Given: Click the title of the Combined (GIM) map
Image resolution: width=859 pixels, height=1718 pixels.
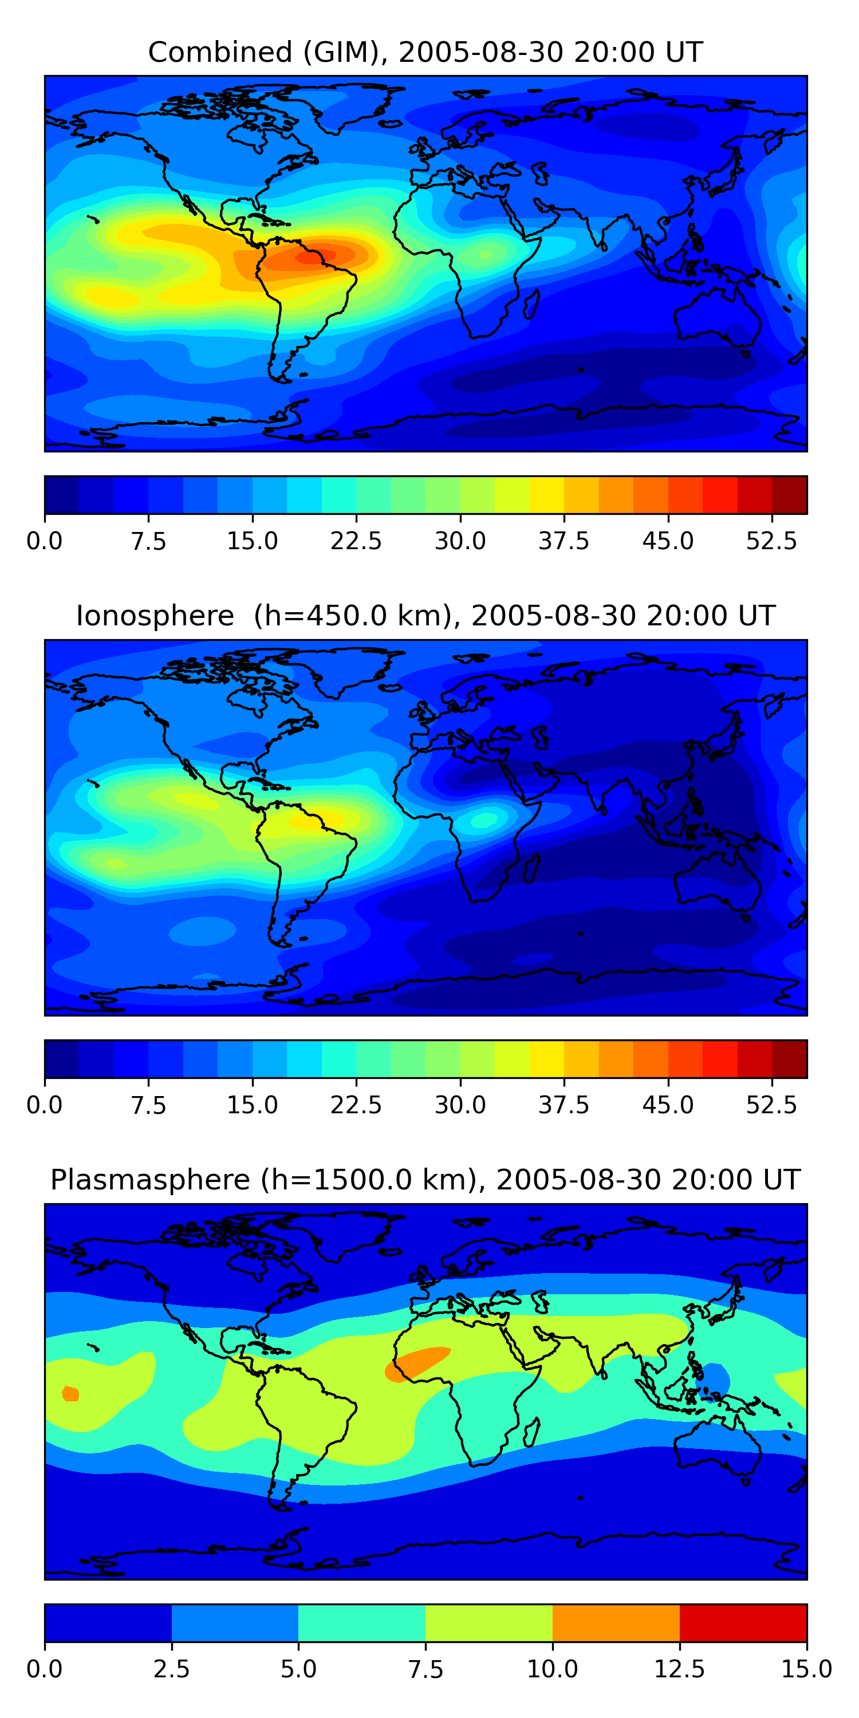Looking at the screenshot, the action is [425, 53].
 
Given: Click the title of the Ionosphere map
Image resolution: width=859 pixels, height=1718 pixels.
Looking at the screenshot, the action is [425, 616].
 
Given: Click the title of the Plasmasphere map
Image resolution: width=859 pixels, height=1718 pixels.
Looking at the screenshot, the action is [425, 1180].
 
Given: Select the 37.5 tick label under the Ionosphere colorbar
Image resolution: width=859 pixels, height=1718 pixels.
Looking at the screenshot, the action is [564, 1105].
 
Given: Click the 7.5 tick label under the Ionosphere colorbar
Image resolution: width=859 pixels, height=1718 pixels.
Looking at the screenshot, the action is [148, 1105].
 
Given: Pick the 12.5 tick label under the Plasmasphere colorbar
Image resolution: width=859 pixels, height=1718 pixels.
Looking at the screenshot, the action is [680, 1669].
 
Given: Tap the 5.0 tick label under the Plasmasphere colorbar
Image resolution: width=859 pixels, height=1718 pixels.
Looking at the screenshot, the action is [298, 1669].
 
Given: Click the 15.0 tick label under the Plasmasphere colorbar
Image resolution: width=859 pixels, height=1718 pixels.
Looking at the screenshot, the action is [807, 1669].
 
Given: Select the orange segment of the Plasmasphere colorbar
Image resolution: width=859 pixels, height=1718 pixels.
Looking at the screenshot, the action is [616, 1622].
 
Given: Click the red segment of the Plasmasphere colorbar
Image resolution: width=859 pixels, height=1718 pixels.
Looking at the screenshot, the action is [743, 1622].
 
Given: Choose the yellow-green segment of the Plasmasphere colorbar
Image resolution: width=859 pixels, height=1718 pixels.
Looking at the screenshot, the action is [489, 1622].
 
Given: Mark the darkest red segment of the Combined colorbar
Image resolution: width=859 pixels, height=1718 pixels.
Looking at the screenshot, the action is [790, 495].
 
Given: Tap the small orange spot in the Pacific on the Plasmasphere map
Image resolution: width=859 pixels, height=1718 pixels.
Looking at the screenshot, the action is [70, 1393].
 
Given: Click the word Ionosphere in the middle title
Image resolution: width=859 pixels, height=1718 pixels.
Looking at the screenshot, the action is [155, 616].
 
